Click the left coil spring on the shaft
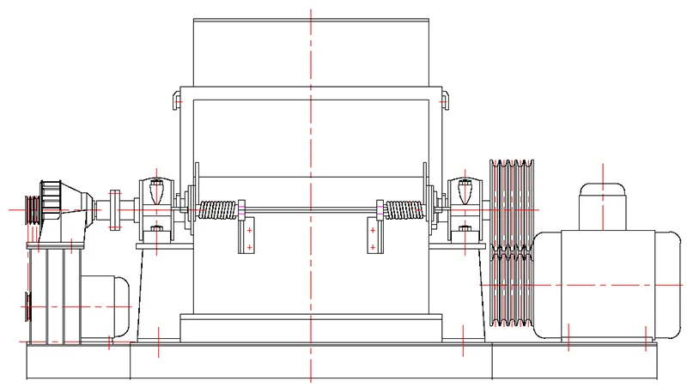(x=218, y=209)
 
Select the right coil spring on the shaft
(x=403, y=209)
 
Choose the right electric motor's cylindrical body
(x=601, y=283)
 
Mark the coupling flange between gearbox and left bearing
(x=114, y=209)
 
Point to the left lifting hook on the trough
(x=176, y=101)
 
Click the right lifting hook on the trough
(x=444, y=101)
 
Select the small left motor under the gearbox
(x=107, y=305)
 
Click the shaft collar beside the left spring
(x=243, y=209)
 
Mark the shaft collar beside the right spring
(x=378, y=209)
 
